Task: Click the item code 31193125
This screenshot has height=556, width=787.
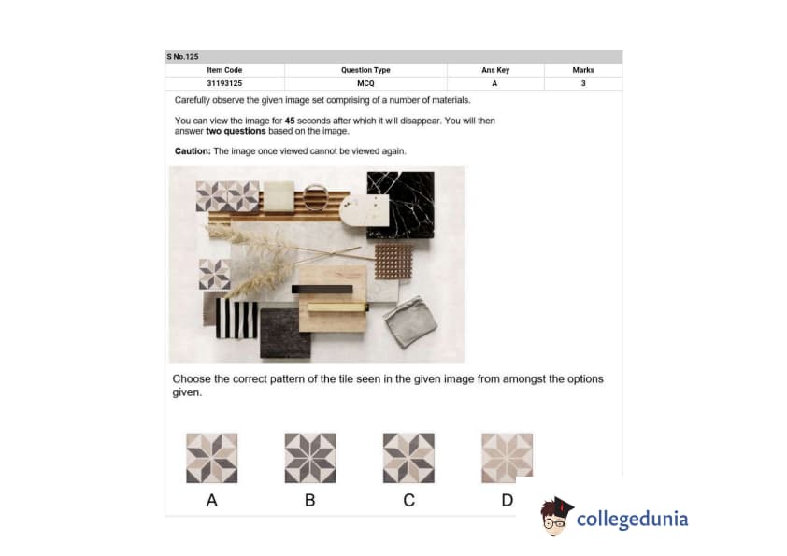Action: (224, 83)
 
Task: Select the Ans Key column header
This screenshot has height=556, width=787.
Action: (495, 70)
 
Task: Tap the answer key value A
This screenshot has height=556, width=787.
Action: (494, 83)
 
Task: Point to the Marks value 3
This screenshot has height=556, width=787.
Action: (583, 83)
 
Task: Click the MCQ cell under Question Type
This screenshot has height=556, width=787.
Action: (365, 83)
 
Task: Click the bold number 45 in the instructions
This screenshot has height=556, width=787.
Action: (290, 121)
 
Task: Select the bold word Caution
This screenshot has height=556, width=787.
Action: (193, 151)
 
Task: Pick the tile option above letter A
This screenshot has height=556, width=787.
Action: (212, 458)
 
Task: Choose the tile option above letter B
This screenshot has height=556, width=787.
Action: (310, 458)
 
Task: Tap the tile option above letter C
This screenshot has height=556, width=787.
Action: (408, 458)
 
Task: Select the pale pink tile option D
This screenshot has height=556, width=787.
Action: (507, 458)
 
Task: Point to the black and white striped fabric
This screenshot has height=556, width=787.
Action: (236, 319)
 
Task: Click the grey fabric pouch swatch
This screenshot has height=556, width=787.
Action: (410, 322)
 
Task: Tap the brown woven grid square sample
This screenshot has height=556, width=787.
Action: (394, 262)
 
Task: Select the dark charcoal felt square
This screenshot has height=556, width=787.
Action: (286, 334)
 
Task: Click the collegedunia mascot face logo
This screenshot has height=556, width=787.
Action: (556, 516)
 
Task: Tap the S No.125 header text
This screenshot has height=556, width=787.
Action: (182, 57)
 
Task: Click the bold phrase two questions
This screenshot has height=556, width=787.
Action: (236, 131)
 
